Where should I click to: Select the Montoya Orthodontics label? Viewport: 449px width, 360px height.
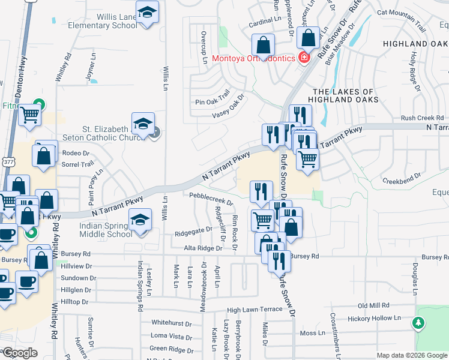click(x=253, y=59)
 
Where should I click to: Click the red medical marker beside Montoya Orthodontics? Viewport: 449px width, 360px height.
click(x=304, y=58)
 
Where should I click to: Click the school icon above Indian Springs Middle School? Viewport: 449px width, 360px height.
click(x=140, y=221)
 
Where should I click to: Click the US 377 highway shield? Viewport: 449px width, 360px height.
click(x=7, y=162)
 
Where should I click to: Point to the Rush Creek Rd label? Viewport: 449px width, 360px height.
click(x=423, y=118)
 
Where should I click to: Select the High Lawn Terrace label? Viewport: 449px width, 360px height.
click(x=255, y=310)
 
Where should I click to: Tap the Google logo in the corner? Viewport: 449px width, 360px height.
click(x=20, y=353)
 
